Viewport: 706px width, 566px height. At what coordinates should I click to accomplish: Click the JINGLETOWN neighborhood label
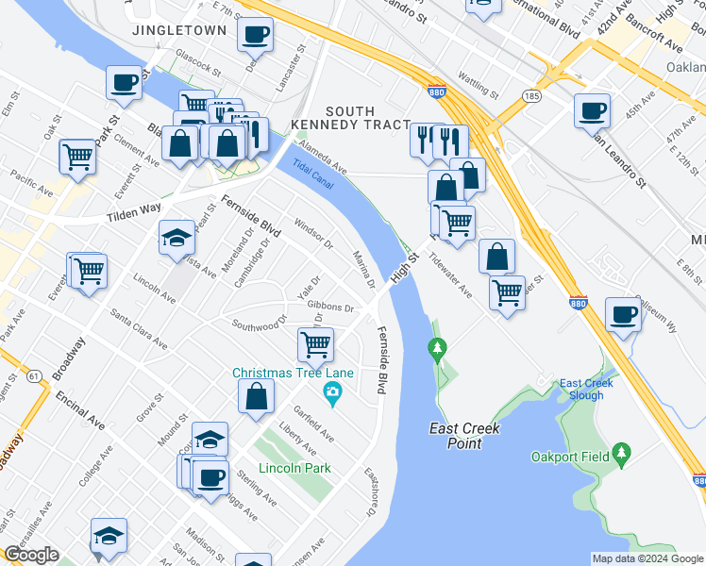coord(179,30)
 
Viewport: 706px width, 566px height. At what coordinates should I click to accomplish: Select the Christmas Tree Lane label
coord(294,373)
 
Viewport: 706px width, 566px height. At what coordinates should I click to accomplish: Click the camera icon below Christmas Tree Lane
coord(331,391)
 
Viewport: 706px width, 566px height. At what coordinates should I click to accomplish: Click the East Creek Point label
coord(464,437)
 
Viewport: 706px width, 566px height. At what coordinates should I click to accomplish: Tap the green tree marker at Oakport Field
coord(621,456)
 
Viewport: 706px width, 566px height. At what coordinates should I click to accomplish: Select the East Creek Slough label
coord(587,390)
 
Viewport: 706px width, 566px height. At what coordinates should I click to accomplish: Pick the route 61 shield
coord(35,351)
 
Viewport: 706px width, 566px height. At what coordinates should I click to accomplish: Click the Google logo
coord(30,556)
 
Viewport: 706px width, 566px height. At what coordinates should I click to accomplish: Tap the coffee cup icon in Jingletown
coord(255,36)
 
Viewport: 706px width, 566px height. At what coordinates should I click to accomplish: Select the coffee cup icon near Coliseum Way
coord(623,314)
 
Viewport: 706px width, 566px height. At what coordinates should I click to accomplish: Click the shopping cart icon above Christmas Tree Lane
coord(315,343)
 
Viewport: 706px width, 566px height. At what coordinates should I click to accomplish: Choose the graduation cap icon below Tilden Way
coord(176,238)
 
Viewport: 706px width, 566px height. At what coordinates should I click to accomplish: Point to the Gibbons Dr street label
coord(330,308)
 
